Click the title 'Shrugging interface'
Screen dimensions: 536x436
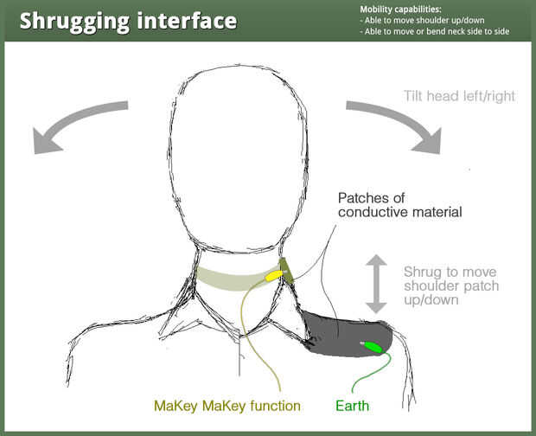128,20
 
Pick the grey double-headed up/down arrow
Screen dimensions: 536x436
375,283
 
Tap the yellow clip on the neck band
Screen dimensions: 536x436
273,277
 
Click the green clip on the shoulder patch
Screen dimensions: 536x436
373,347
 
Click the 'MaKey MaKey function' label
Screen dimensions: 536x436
227,405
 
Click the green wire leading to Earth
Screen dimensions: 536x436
367,379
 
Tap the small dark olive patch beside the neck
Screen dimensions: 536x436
287,270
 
